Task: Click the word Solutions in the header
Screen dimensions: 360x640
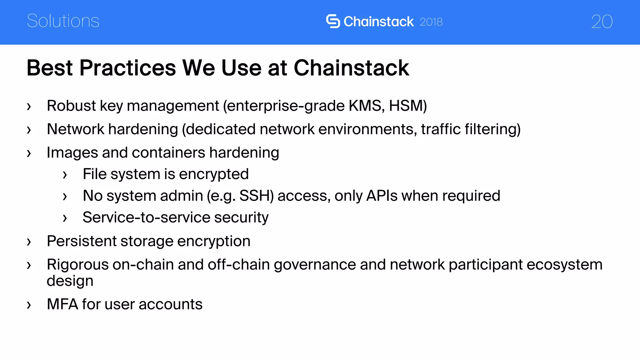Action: pyautogui.click(x=63, y=21)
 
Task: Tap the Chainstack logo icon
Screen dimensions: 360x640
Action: pyautogui.click(x=333, y=21)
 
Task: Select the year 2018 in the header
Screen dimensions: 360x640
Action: pyautogui.click(x=431, y=22)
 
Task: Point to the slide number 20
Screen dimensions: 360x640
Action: pyautogui.click(x=602, y=22)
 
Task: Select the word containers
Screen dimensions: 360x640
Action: pyautogui.click(x=168, y=152)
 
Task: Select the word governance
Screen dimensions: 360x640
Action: pyautogui.click(x=315, y=265)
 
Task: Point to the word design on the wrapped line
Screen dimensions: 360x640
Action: pyautogui.click(x=70, y=281)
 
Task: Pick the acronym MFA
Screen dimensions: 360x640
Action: pyautogui.click(x=62, y=304)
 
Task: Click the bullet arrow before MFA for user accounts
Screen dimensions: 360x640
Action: pyautogui.click(x=29, y=305)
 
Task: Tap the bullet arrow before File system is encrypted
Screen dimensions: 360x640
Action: pyautogui.click(x=65, y=175)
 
